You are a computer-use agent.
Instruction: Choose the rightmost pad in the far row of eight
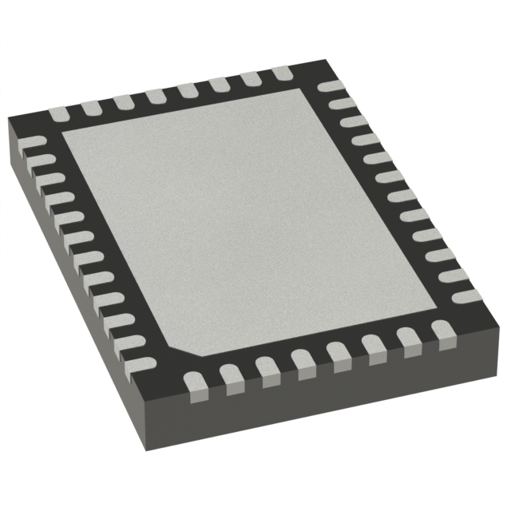[283, 73]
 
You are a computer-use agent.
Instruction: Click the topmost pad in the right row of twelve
[330, 86]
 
